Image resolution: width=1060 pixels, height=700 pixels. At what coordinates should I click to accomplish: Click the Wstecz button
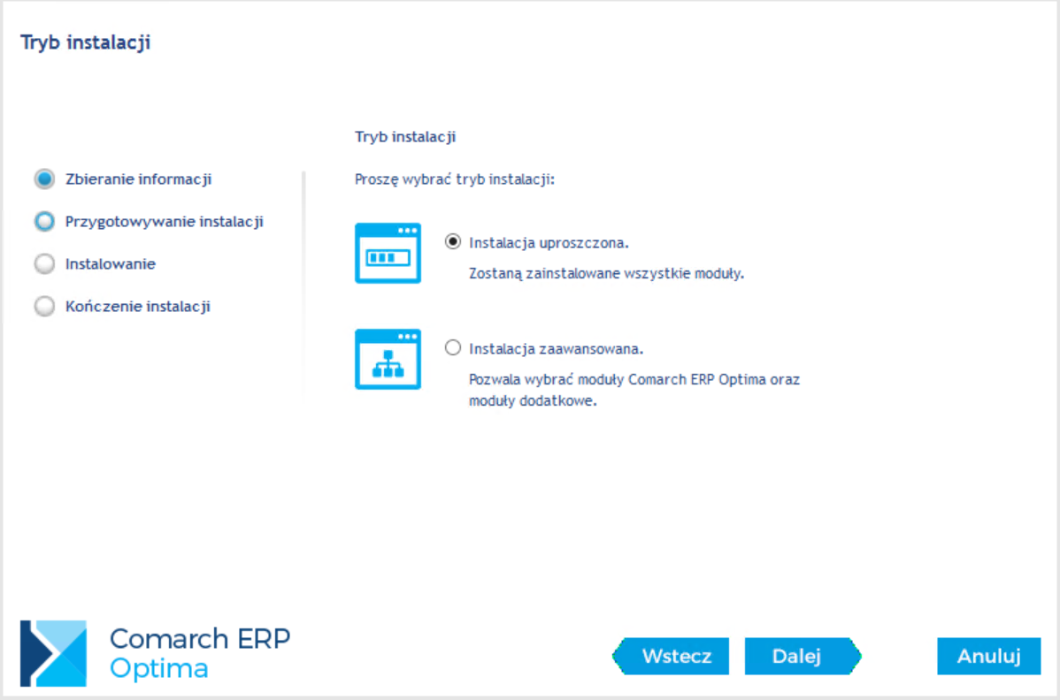671,656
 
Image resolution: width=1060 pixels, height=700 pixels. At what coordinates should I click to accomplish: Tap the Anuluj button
988,656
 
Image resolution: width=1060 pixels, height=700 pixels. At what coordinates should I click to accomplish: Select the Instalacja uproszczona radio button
453,241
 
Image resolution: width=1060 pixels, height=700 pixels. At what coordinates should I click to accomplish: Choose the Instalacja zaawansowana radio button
453,347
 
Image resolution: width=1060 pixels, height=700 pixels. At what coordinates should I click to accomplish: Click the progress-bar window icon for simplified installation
388,253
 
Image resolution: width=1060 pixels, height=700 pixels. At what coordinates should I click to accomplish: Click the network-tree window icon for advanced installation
388,359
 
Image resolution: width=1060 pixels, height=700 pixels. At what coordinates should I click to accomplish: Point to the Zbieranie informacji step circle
44,179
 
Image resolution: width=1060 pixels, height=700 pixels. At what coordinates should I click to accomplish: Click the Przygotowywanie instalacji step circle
44,222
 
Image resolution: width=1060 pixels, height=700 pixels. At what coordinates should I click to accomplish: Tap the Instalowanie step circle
44,264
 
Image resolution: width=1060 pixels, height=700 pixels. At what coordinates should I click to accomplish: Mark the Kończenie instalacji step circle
44,307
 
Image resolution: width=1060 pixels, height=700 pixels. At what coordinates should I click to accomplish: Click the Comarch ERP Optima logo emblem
53,653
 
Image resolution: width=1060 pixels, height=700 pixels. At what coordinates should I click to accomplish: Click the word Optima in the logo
159,669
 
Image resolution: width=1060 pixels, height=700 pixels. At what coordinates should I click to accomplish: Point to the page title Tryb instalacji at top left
85,42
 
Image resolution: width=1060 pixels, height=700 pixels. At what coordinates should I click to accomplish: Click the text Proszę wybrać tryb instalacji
454,179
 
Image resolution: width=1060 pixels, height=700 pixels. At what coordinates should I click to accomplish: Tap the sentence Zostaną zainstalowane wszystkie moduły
606,273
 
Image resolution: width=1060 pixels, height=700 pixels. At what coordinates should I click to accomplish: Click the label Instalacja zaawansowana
556,349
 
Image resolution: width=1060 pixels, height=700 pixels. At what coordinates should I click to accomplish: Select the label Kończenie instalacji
138,307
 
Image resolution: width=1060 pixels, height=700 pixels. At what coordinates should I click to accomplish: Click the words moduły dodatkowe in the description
533,401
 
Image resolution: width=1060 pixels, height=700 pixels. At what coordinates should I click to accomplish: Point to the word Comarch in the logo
169,638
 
